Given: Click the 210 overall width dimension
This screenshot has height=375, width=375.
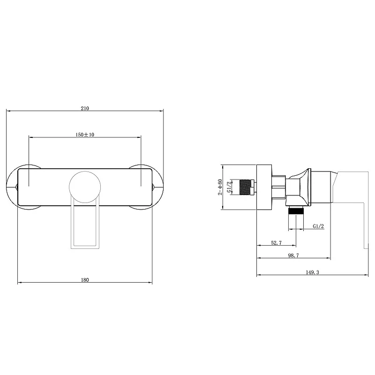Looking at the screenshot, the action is [x=85, y=108].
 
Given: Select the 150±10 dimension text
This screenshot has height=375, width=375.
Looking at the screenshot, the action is [x=85, y=135].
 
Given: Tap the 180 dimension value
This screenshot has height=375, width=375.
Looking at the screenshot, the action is [x=85, y=280].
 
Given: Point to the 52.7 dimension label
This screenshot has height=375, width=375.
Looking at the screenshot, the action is [x=276, y=243].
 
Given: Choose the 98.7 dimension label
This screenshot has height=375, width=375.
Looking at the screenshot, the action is [x=293, y=255].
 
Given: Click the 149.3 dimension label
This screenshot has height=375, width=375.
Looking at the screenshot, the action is [x=312, y=272].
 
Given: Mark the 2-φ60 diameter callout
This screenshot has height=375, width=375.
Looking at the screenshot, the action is [x=220, y=187].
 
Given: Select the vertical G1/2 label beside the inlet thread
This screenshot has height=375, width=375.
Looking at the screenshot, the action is [x=229, y=187].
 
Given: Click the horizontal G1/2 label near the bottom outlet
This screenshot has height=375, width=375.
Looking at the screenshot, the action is [x=318, y=226].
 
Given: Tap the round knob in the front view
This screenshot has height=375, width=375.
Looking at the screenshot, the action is [x=85, y=187].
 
